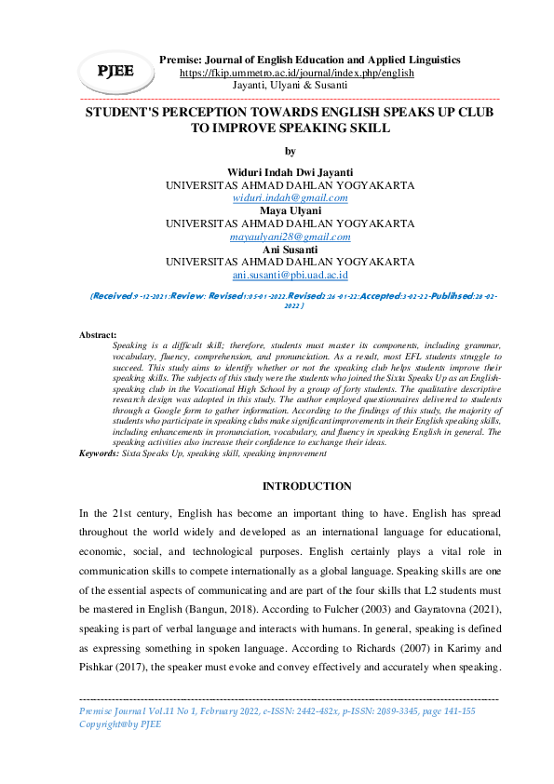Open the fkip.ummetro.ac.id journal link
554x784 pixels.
(296, 73)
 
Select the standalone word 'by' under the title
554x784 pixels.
(290, 151)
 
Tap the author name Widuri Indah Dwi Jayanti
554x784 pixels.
(290, 172)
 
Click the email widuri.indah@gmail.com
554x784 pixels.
(290, 198)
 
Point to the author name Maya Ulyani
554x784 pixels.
(290, 211)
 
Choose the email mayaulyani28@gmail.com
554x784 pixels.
(290, 237)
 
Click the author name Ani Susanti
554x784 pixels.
(290, 250)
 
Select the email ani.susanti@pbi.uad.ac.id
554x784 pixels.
(290, 276)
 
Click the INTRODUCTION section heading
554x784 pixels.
(306, 487)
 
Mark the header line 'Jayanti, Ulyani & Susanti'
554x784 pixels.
(290, 85)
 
